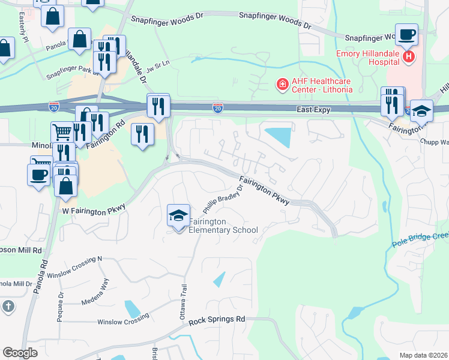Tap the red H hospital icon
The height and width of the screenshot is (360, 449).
pos(409,57)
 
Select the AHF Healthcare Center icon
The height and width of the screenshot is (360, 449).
pos(281,85)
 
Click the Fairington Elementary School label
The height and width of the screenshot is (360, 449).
pos(223,226)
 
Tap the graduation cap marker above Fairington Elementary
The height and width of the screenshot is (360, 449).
pos(178,215)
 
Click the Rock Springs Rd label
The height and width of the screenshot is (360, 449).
pos(217,321)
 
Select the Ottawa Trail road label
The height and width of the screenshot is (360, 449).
pos(185,299)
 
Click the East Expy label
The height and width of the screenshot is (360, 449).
pos(315,110)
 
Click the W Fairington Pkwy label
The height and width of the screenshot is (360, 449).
pos(94,209)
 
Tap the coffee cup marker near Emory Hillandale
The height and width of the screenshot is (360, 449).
pos(406,35)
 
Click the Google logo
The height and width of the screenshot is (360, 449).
pos(20,353)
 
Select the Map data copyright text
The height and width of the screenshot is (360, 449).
pos(423,355)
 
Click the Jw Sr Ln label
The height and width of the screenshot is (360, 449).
pos(159,62)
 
